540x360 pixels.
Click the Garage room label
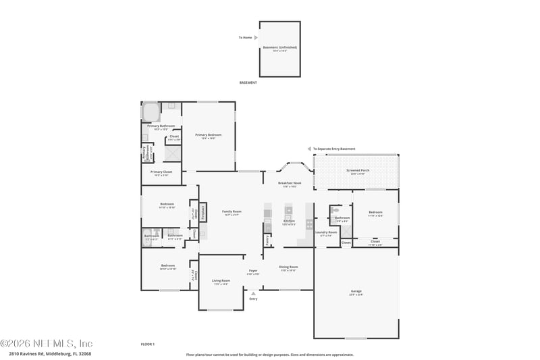click(x=356, y=292)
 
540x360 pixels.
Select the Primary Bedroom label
click(x=209, y=135)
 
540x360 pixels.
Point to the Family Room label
click(x=232, y=211)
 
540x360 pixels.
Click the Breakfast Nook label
click(x=290, y=183)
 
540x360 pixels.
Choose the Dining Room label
click(x=289, y=267)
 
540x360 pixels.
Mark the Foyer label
click(x=252, y=271)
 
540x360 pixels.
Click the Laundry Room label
click(x=326, y=232)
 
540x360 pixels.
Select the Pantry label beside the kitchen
click(x=267, y=238)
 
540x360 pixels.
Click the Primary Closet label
click(x=161, y=172)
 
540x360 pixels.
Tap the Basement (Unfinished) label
click(x=279, y=47)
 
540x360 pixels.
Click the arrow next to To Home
click(x=256, y=38)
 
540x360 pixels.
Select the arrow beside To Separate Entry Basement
click(x=307, y=149)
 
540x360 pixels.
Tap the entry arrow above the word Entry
click(x=253, y=294)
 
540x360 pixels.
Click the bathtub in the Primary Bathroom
click(x=151, y=111)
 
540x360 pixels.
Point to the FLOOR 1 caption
click(x=148, y=344)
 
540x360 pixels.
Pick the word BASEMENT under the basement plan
click(x=248, y=82)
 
